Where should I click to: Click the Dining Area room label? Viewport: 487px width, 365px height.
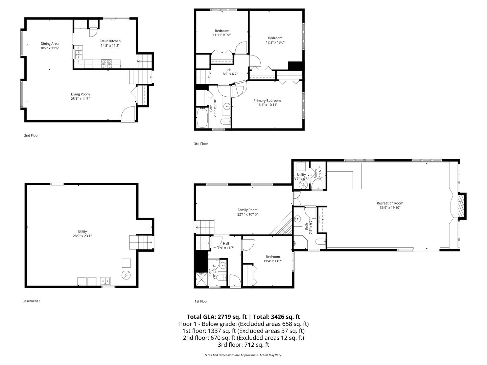[50, 44]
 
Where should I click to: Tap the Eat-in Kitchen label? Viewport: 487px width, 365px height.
[110, 41]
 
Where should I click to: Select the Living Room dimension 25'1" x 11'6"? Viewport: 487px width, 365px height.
[80, 99]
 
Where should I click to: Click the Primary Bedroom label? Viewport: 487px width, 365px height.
[267, 101]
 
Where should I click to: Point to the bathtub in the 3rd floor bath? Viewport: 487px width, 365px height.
[202, 118]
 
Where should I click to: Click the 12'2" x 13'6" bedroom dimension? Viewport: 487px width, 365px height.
[275, 43]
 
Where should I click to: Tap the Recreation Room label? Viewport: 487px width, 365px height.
[390, 203]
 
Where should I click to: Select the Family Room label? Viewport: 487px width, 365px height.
[247, 210]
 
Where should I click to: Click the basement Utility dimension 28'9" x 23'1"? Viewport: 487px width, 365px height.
[82, 236]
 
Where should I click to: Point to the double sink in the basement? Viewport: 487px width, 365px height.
[106, 281]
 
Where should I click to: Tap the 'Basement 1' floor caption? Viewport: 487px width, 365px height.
[31, 301]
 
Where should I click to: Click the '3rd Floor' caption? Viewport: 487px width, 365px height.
[201, 144]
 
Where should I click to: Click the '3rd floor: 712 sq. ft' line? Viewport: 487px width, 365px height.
[243, 345]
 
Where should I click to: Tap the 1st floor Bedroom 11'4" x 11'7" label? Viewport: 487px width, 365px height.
[273, 259]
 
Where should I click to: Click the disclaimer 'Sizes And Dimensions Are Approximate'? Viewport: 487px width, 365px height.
[243, 355]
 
